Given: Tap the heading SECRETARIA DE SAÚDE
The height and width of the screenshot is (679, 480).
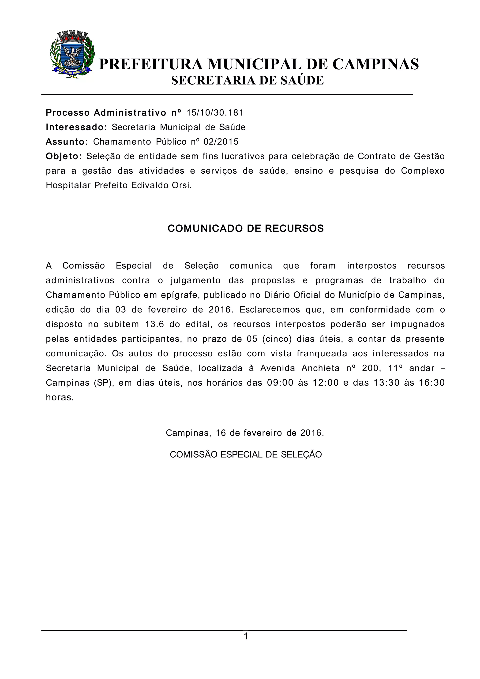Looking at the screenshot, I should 247,80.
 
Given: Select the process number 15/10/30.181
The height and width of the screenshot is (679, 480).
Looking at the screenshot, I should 215,113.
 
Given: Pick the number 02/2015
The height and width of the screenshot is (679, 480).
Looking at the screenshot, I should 221,142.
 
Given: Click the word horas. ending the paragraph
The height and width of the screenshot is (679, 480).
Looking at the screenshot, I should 60,397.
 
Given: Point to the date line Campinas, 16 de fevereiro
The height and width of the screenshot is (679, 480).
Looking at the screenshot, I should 245,433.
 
